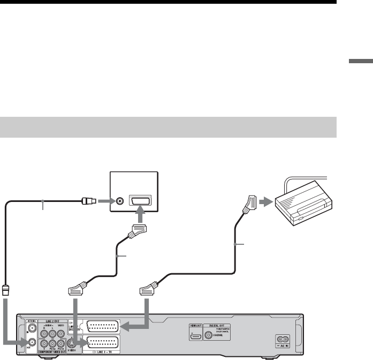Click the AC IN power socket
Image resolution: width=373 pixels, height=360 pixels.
tap(284, 339)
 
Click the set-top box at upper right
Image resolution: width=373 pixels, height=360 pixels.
tap(305, 205)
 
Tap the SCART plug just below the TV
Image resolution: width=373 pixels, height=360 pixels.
tap(137, 232)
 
